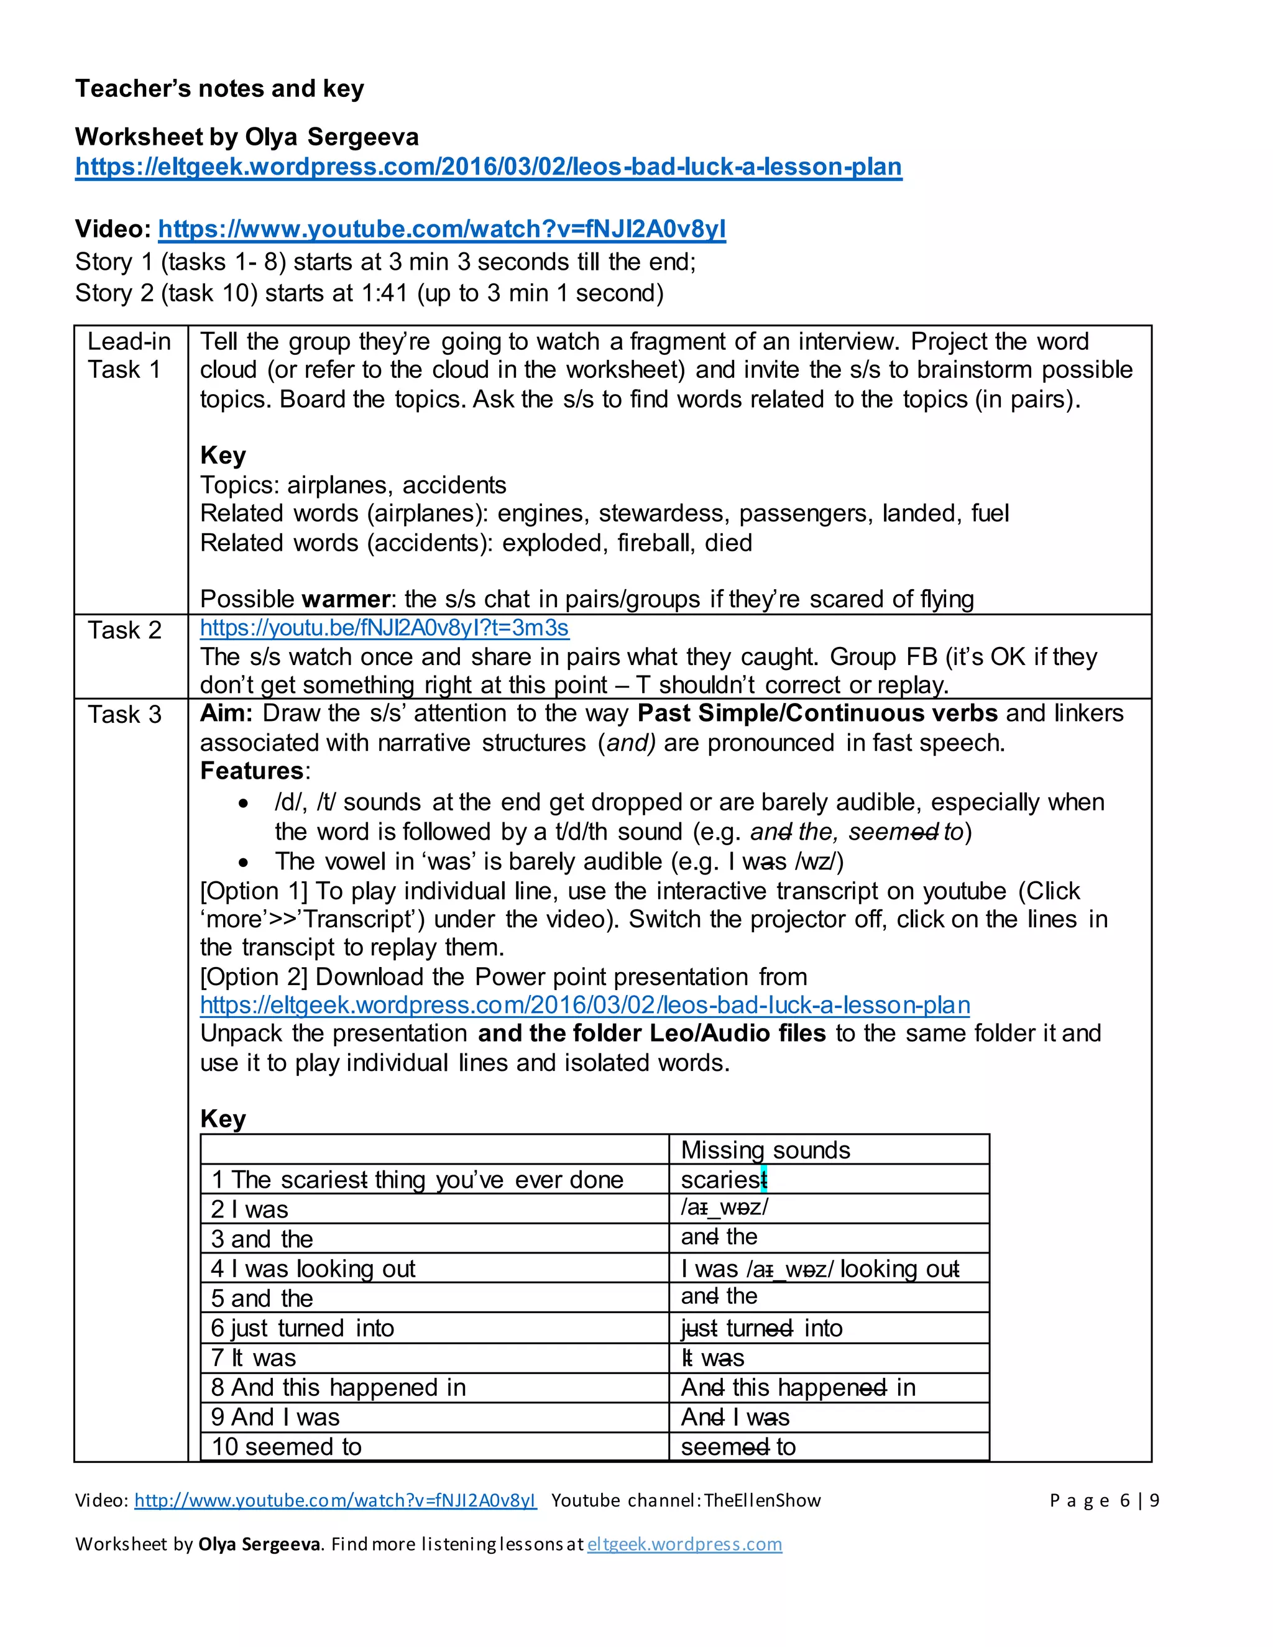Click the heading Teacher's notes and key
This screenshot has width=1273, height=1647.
click(x=219, y=89)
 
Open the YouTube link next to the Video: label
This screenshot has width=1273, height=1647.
click(x=441, y=229)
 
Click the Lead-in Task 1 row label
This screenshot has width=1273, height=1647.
click(x=129, y=355)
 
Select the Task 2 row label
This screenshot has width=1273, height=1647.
click(x=124, y=630)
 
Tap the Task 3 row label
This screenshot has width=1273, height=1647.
click(x=124, y=714)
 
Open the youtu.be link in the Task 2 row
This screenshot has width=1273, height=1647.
click(x=384, y=628)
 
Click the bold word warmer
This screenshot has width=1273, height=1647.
click(x=346, y=599)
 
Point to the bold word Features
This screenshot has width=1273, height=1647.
click(x=251, y=771)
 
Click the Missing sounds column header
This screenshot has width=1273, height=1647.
click(x=765, y=1149)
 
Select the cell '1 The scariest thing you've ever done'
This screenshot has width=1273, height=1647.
click(x=417, y=1180)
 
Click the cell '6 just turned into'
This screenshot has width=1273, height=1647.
click(x=303, y=1328)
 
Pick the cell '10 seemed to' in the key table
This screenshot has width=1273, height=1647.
click(x=287, y=1446)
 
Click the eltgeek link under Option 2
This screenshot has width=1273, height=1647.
click(x=584, y=1004)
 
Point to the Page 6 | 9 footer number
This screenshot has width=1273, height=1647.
click(x=1103, y=1500)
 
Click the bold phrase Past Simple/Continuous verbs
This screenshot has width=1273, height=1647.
click(x=817, y=713)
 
